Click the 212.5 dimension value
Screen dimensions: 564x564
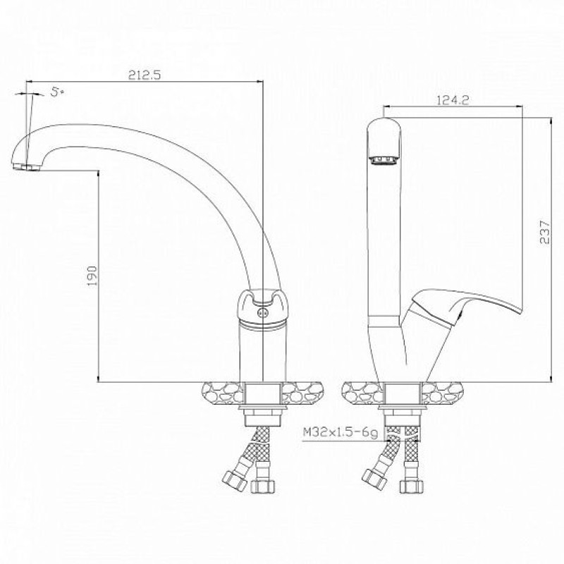coord(145,75)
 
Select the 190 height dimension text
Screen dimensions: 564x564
coord(92,276)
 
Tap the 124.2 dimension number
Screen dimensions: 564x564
coord(453,100)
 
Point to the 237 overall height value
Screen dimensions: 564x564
coord(544,233)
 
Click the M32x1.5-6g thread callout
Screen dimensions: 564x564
coord(341,432)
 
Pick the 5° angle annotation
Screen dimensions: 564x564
coord(57,92)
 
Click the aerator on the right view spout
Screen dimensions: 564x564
coord(384,160)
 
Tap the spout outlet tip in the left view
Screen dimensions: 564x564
coord(26,167)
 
